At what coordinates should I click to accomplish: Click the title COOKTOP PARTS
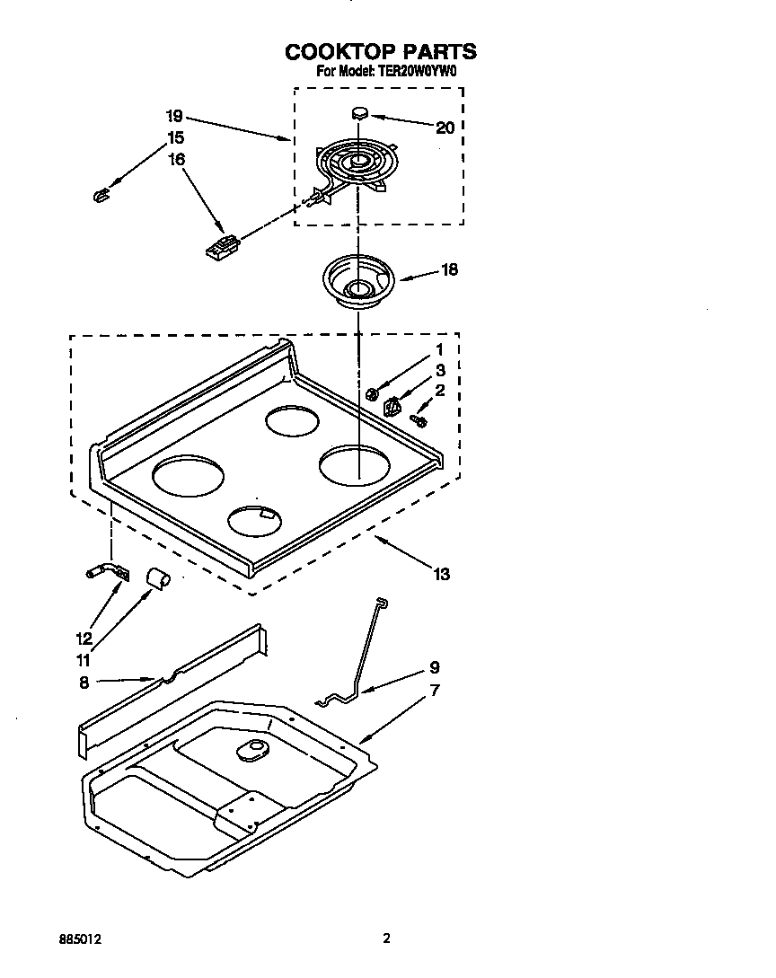click(380, 51)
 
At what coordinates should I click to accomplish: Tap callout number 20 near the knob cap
click(445, 128)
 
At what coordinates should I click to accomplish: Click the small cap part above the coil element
click(360, 113)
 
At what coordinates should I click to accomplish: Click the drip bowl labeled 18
click(359, 279)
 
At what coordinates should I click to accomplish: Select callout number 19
click(174, 116)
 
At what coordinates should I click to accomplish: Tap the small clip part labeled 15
click(101, 193)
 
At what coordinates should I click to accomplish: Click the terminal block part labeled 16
click(222, 246)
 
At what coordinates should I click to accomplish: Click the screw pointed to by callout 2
click(418, 419)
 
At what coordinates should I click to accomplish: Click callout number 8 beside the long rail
click(84, 682)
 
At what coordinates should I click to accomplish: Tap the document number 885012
click(80, 939)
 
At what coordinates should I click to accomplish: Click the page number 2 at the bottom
click(386, 939)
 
